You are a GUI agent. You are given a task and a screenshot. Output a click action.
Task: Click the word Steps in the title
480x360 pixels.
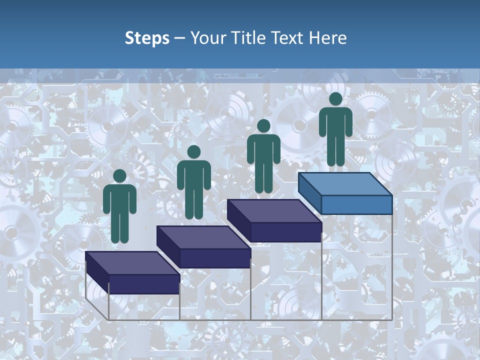tap(147, 38)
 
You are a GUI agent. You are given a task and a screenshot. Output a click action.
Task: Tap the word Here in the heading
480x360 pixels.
tap(328, 38)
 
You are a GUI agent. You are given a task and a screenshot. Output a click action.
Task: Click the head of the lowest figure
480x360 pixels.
tap(119, 176)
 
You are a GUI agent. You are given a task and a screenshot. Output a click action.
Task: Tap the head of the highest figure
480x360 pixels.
tap(335, 99)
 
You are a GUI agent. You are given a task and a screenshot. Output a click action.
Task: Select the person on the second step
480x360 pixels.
tap(193, 182)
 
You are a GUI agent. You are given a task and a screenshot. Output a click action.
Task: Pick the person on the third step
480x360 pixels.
tap(263, 156)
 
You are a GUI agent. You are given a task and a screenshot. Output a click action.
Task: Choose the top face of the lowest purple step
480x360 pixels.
tap(132, 263)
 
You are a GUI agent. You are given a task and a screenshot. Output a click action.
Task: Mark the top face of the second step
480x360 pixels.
tap(203, 237)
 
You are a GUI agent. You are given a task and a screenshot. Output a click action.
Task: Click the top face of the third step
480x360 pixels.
tap(274, 211)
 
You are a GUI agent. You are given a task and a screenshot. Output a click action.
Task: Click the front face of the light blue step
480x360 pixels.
tap(356, 204)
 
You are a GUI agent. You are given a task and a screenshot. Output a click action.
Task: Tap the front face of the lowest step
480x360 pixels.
tap(144, 284)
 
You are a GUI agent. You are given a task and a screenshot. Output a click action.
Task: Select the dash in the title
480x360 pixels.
tap(179, 38)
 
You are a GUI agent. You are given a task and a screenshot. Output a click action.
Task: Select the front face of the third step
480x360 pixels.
tap(285, 232)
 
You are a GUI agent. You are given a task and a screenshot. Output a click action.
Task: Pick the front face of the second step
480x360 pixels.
tap(215, 258)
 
